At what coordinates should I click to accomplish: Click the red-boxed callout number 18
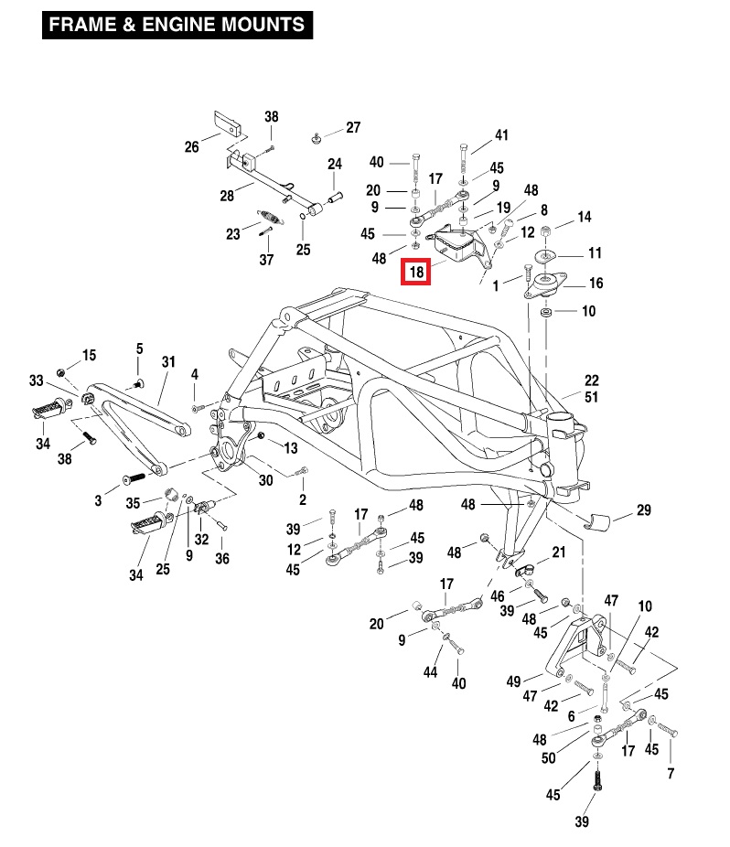(416, 272)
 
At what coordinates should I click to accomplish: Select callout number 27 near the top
(353, 127)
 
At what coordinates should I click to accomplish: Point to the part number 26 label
(191, 146)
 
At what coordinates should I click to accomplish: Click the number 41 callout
(501, 135)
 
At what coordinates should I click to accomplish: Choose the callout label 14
(585, 217)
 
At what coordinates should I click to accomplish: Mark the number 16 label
(596, 283)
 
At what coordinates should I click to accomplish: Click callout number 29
(644, 509)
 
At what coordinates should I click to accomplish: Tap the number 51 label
(591, 396)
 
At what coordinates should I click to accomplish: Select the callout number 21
(559, 552)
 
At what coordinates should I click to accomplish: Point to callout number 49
(513, 681)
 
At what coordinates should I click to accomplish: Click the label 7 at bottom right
(671, 774)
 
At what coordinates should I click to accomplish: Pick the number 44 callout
(431, 672)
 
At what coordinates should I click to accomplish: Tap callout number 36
(222, 558)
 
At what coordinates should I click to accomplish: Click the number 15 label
(89, 355)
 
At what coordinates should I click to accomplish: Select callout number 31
(167, 362)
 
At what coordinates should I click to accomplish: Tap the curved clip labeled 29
(599, 522)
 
